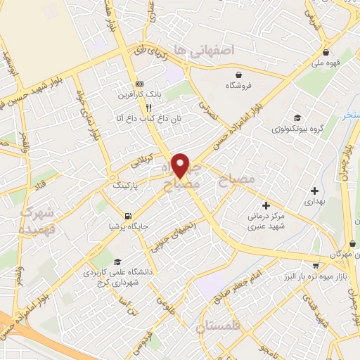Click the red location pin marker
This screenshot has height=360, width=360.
click(181, 165)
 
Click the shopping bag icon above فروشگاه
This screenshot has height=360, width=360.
click(239, 75)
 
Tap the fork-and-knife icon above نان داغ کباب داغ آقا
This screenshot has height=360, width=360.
click(148, 108)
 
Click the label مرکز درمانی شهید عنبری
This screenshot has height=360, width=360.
click(264, 221)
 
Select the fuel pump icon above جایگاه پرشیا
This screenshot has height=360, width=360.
click(127, 216)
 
